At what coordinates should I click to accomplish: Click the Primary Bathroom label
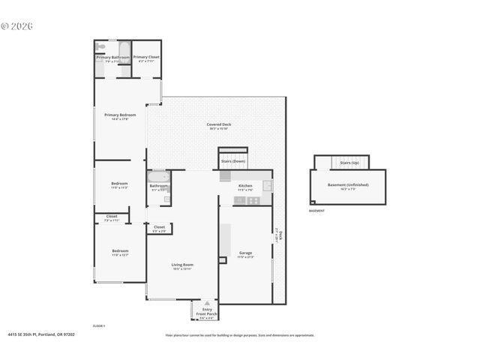coord(112,57)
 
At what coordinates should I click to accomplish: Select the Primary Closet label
coord(146,57)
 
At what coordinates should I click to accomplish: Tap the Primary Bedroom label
coord(120,115)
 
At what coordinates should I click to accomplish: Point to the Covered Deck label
coord(218,124)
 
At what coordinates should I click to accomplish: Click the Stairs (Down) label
coord(233,161)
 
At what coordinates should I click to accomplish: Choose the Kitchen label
coord(245,186)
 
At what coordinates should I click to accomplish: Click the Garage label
coord(245,253)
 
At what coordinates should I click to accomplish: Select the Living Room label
coord(182,265)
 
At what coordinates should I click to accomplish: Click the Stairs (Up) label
coord(349,163)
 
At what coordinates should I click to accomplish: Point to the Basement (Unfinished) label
coord(347,185)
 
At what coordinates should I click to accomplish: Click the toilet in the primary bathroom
coord(101,47)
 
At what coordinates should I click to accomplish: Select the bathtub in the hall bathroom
coord(158,177)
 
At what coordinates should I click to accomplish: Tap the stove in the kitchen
coord(253,200)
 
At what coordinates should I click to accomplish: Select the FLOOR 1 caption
coord(98,326)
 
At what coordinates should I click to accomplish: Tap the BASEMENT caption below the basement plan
coord(316,211)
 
